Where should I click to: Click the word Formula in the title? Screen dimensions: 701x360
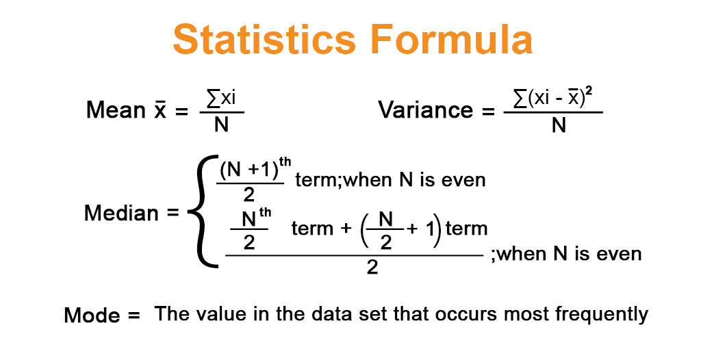[452, 39]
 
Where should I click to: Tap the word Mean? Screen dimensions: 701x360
[116, 110]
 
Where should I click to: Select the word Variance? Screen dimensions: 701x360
[426, 110]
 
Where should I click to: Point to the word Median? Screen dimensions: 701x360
[121, 214]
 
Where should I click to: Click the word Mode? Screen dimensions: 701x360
[92, 316]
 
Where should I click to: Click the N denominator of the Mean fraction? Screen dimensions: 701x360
[221, 125]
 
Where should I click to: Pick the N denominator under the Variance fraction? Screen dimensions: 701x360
[559, 126]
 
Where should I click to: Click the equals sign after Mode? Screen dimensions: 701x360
[134, 315]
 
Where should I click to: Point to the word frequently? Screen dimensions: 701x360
[602, 315]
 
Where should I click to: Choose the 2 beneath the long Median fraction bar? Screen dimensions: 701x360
[372, 268]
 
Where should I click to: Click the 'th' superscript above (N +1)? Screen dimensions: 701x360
[285, 162]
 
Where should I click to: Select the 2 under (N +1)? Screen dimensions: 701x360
[249, 194]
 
